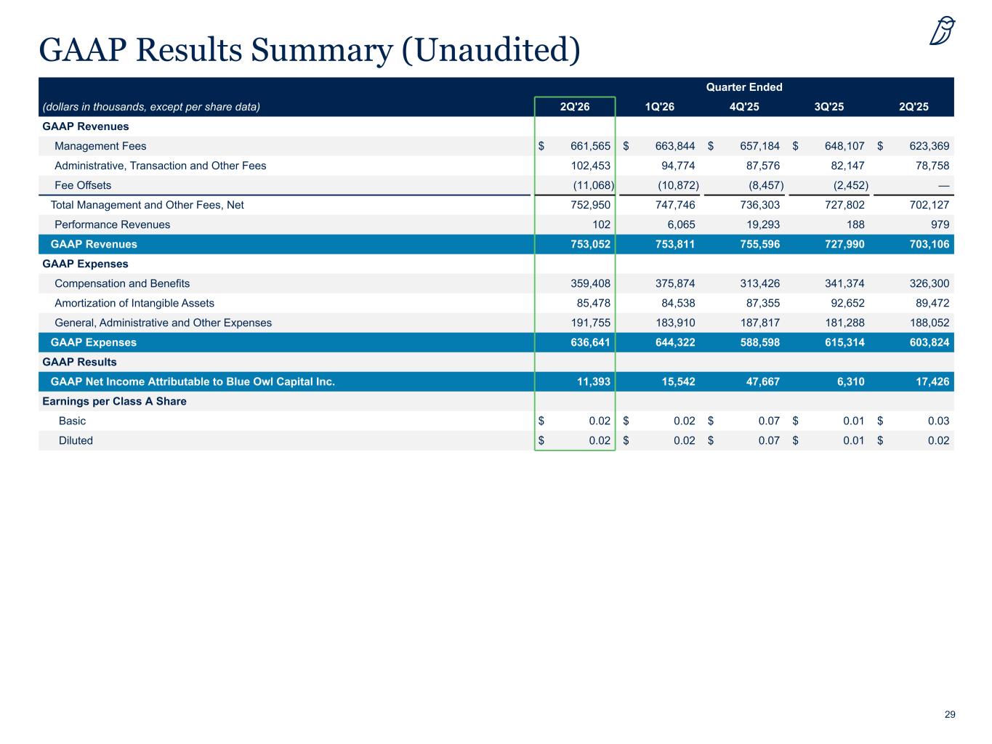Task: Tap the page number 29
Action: [x=950, y=714]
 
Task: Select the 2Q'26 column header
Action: [x=574, y=107]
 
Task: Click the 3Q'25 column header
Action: [x=828, y=107]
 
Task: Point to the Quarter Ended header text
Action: [x=744, y=86]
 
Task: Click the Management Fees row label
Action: [x=100, y=146]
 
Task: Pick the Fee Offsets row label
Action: [x=83, y=185]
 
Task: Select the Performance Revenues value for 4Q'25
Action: [x=763, y=225]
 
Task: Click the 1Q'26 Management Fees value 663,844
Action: [x=674, y=146]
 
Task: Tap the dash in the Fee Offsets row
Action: [x=943, y=186]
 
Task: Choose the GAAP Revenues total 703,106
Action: [x=930, y=244]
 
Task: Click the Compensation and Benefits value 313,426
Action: [x=759, y=283]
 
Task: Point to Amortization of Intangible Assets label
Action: [x=134, y=303]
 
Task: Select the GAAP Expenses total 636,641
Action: [x=590, y=342]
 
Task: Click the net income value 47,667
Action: [x=763, y=381]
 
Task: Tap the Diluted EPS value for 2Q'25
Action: [x=938, y=440]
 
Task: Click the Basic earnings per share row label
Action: [x=72, y=421]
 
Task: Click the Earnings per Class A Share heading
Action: [x=114, y=401]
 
